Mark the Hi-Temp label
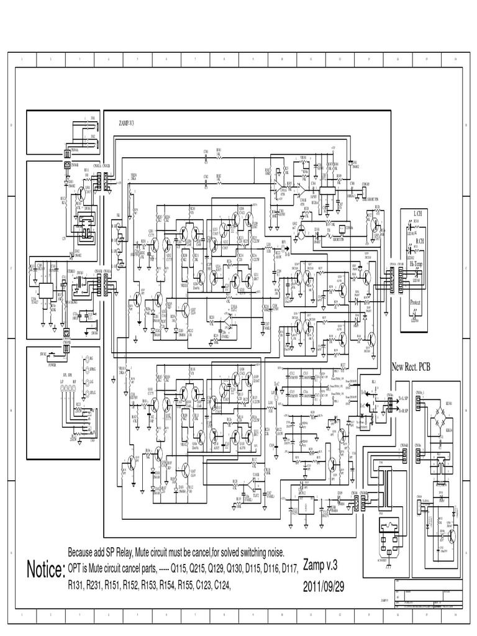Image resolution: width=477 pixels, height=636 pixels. click(417, 265)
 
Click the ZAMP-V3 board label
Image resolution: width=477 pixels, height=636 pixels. click(126, 123)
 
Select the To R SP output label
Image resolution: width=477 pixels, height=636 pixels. click(403, 411)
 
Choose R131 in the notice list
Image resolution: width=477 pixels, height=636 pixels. click(78, 584)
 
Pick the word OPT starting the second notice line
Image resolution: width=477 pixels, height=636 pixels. click(76, 568)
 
